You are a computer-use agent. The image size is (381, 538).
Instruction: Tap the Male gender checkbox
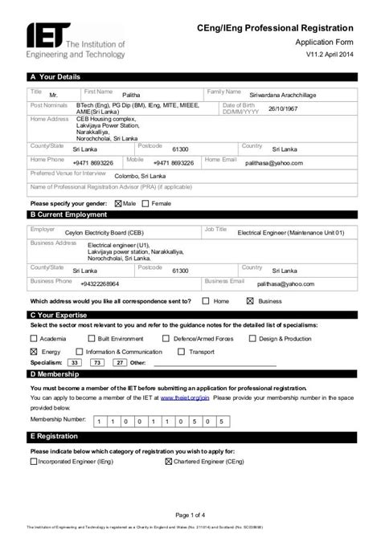click(119, 204)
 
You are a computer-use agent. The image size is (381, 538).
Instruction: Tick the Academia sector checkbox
click(34, 339)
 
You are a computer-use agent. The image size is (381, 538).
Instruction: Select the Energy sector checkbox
click(34, 352)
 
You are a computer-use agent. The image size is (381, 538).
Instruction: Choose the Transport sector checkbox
click(182, 352)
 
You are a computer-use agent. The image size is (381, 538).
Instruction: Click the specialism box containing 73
click(96, 363)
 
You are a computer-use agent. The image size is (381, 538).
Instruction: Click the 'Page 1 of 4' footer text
click(190, 515)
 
